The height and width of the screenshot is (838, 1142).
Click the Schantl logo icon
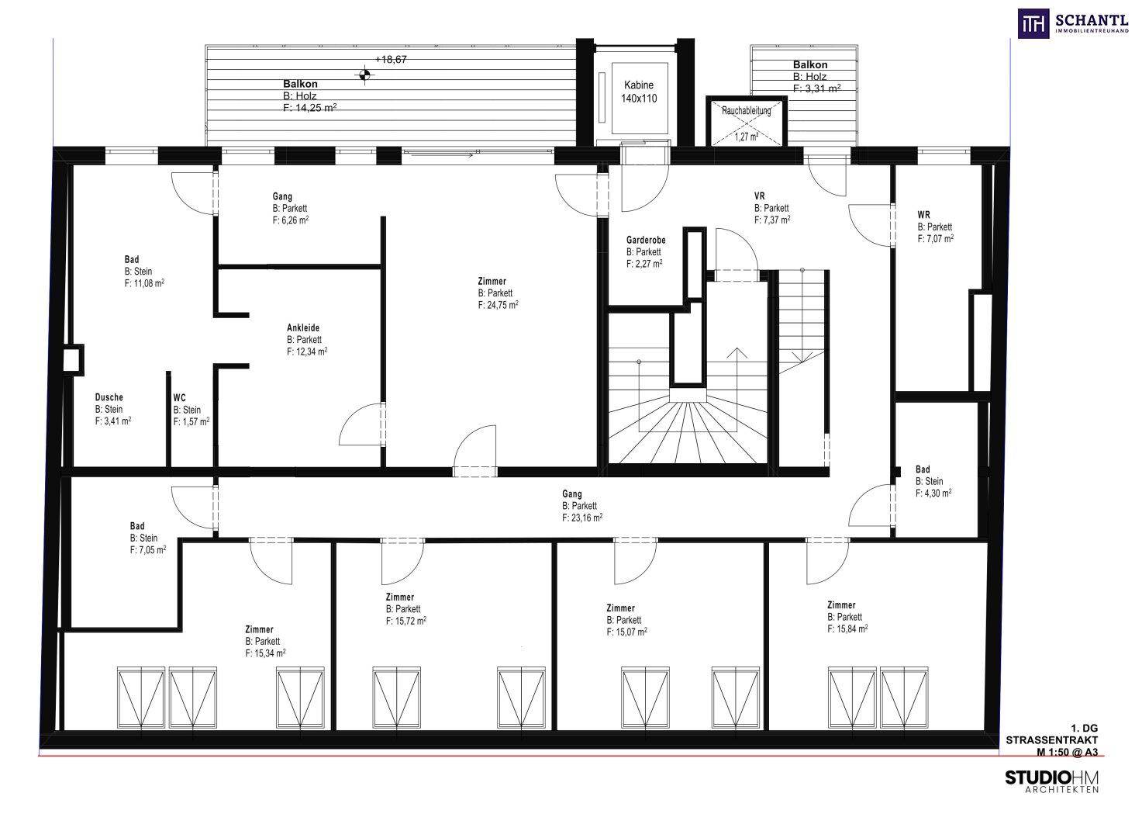[x=1033, y=23]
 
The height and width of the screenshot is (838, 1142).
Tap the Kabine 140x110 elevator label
[x=639, y=92]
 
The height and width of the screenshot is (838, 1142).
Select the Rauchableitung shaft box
[x=747, y=122]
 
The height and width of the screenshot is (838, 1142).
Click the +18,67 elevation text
[x=391, y=59]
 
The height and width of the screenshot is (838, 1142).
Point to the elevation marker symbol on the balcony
[x=364, y=75]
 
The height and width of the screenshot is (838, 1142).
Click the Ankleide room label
[x=303, y=327]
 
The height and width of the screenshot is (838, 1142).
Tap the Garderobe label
[x=646, y=240]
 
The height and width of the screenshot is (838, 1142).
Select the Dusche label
[x=109, y=397]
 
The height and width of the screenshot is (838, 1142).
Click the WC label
[x=179, y=397]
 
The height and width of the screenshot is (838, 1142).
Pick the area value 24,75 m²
[x=498, y=305]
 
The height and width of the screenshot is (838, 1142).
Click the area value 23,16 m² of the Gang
[x=582, y=518]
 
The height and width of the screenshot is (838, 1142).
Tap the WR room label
[x=923, y=215]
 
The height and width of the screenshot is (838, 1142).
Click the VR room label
[x=760, y=196]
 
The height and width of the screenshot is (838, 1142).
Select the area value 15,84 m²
[x=847, y=628]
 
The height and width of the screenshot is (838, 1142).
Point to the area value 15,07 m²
[x=626, y=632]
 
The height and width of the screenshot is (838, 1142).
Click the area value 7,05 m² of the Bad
[x=148, y=549]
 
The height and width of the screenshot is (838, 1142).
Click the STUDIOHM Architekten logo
[x=1052, y=782]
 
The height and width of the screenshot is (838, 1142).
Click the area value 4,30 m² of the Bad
[x=933, y=493]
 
